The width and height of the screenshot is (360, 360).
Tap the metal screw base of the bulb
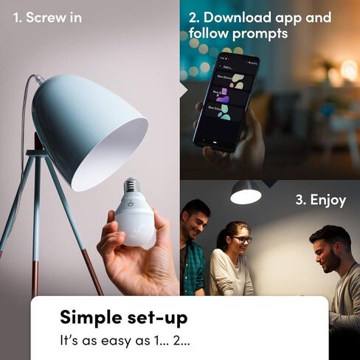(x=133, y=189)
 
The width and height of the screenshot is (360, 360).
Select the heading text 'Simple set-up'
(x=123, y=318)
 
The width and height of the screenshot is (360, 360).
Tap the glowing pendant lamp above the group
(x=246, y=193)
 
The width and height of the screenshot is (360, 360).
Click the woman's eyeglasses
(x=241, y=240)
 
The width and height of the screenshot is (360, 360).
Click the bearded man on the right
(x=328, y=255)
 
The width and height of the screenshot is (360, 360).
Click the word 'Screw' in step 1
(x=45, y=17)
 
